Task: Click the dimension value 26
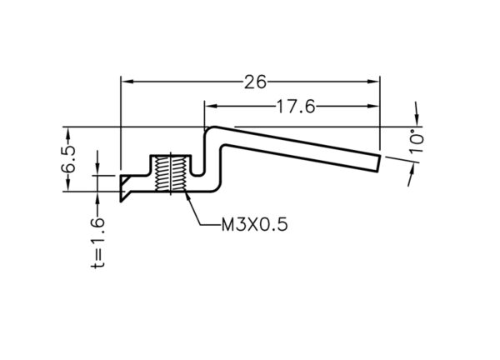point(255,82)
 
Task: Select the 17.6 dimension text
point(296,107)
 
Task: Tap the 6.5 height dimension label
point(68,159)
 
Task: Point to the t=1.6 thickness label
point(97,243)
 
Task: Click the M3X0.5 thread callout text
point(255,224)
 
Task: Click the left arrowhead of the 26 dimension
point(127,82)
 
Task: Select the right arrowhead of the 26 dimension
point(373,82)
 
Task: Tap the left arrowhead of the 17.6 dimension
point(211,106)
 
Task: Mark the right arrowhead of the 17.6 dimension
point(373,106)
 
